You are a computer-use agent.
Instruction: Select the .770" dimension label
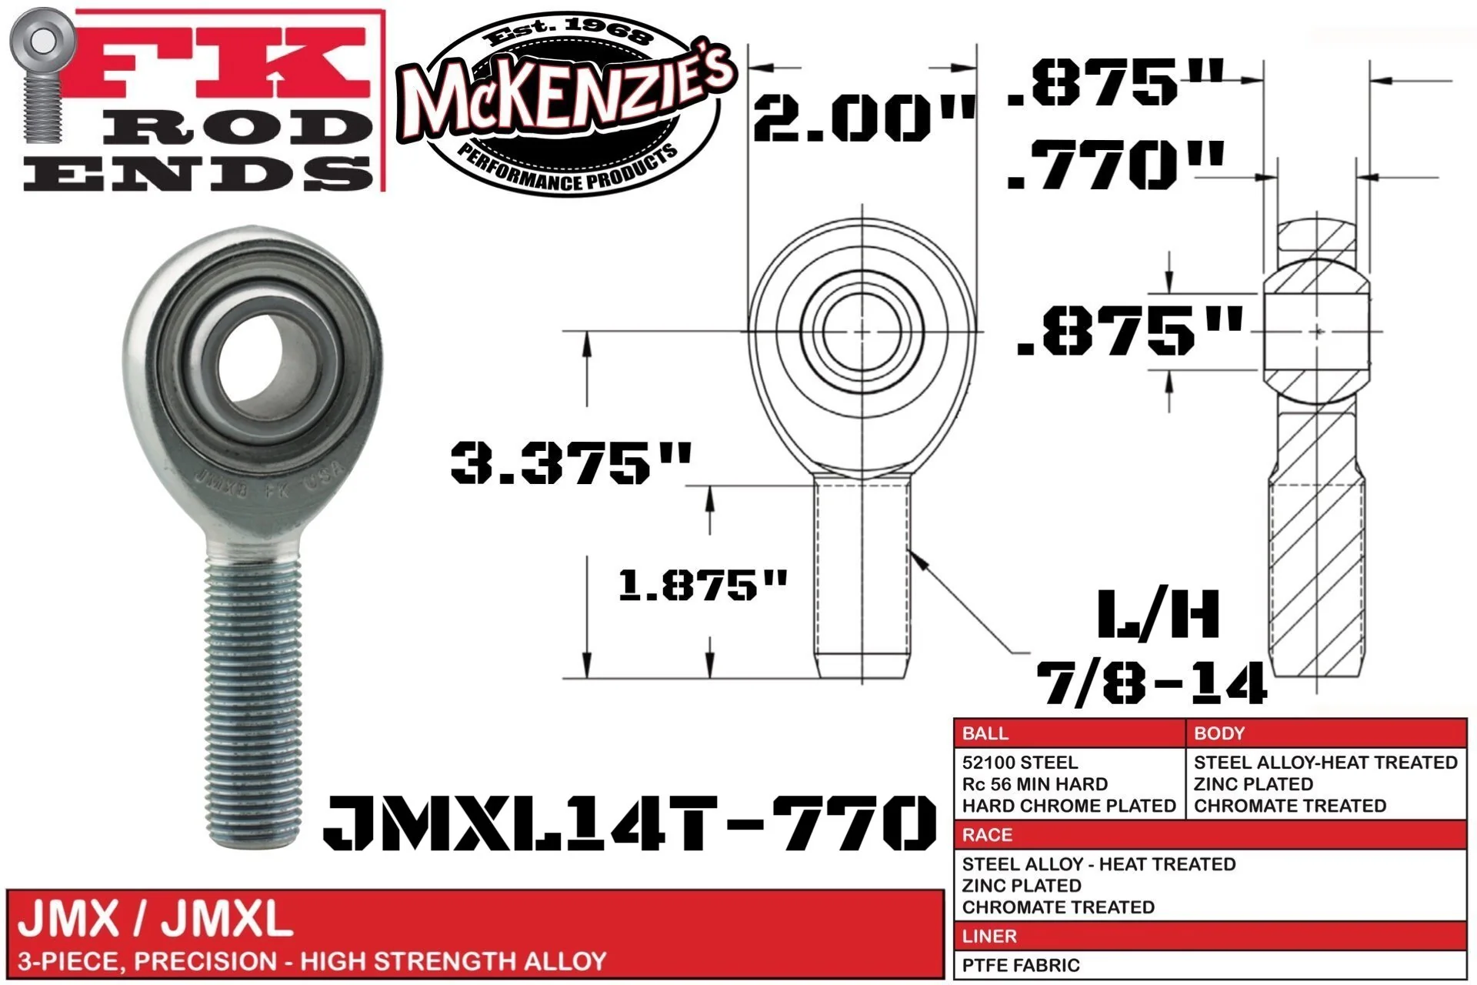[x=1115, y=165]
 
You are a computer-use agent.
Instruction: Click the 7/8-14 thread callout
[x=1152, y=683]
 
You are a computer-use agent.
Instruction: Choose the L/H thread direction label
[x=1159, y=614]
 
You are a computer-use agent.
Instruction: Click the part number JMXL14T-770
[x=629, y=822]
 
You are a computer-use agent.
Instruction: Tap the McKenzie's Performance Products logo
[x=565, y=104]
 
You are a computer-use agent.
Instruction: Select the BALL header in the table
[x=985, y=733]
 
